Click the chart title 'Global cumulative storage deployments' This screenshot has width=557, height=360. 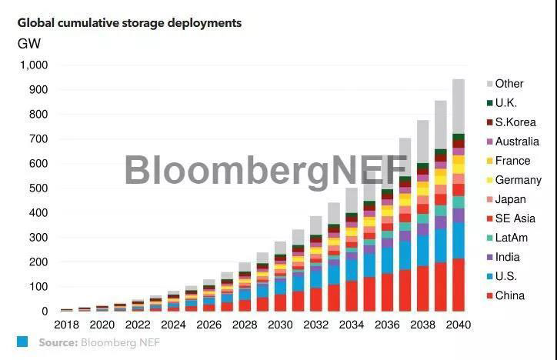(129, 23)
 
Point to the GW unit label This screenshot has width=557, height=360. (29, 44)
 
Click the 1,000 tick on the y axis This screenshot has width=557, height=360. (32, 65)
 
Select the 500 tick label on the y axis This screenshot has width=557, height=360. (37, 188)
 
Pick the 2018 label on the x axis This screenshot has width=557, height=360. (67, 325)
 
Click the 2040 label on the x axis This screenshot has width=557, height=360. (458, 325)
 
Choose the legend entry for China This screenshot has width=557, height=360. (509, 295)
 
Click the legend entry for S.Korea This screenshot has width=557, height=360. (515, 122)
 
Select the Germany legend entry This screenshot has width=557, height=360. (518, 180)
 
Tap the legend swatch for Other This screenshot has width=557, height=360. (489, 84)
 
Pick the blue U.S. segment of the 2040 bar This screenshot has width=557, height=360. (458, 240)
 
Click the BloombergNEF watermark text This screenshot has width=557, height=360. (265, 171)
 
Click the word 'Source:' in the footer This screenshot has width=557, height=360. (58, 342)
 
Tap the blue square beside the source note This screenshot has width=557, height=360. (22, 342)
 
